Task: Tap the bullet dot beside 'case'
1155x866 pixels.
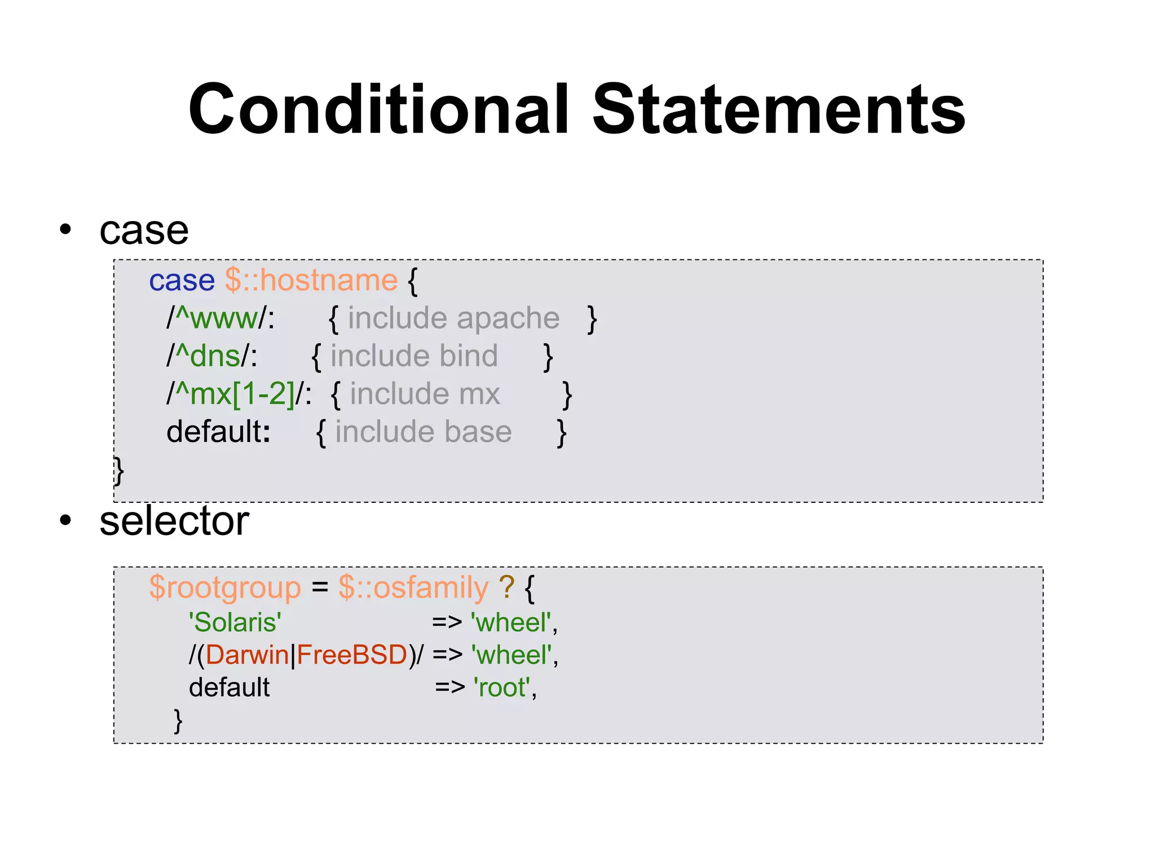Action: tap(66, 229)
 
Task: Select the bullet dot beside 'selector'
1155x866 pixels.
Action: tap(66, 520)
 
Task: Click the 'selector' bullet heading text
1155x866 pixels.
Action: tap(174, 521)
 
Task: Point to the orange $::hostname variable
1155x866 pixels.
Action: tap(311, 280)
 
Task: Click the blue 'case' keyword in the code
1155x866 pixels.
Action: tap(182, 280)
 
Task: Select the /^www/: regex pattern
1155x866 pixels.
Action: tap(221, 318)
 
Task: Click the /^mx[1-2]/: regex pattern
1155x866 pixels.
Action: tap(239, 394)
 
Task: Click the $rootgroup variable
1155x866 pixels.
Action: tap(225, 587)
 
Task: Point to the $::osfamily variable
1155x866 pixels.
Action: tap(413, 587)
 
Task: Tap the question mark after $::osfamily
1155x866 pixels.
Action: tap(506, 587)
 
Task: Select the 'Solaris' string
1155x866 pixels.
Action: tap(235, 622)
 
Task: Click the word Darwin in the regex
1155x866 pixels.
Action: tap(248, 655)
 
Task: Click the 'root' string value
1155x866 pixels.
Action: tap(502, 688)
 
